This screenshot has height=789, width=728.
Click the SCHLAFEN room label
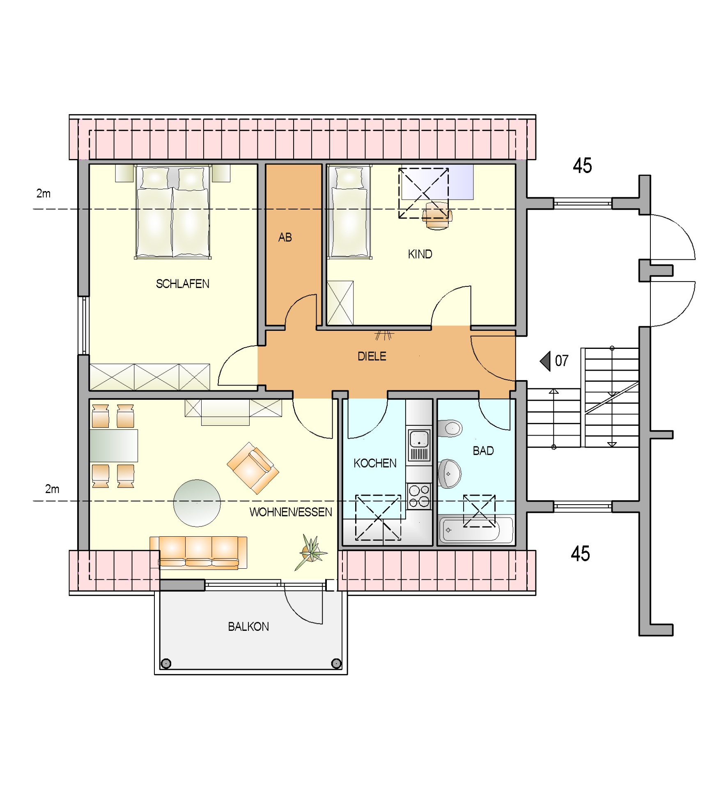(x=182, y=284)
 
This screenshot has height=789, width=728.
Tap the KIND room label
(x=420, y=254)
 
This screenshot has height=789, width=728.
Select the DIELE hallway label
(x=372, y=356)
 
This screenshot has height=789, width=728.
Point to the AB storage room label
(x=285, y=238)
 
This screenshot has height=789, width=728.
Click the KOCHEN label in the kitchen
(x=375, y=464)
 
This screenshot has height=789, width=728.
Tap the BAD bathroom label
(x=483, y=451)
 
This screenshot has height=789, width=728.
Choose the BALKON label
(x=248, y=627)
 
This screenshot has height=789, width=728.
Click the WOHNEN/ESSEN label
(x=291, y=512)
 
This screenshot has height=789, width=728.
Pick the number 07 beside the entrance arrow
(x=561, y=361)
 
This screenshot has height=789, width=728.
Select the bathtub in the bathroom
(x=476, y=530)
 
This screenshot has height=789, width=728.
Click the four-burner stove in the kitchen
(x=418, y=496)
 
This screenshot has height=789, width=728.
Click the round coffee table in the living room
(x=197, y=503)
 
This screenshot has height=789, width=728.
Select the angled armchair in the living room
(x=253, y=468)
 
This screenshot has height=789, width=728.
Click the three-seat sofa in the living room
(x=198, y=553)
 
